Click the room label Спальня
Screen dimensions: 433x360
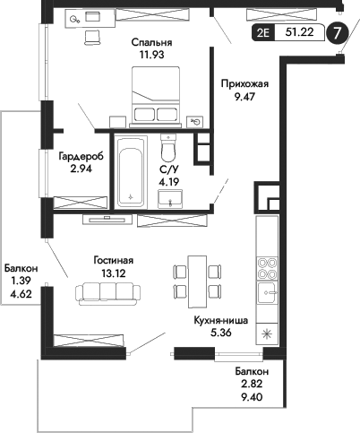point(150,42)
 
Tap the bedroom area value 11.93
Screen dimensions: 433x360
point(150,56)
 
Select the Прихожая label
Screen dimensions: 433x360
point(244,84)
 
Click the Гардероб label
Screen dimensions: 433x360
point(81,156)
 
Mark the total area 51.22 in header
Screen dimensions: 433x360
point(299,33)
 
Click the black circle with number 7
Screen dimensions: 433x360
point(336,33)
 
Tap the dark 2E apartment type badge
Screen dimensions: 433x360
point(263,33)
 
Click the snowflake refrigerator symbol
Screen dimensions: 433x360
point(268,333)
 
